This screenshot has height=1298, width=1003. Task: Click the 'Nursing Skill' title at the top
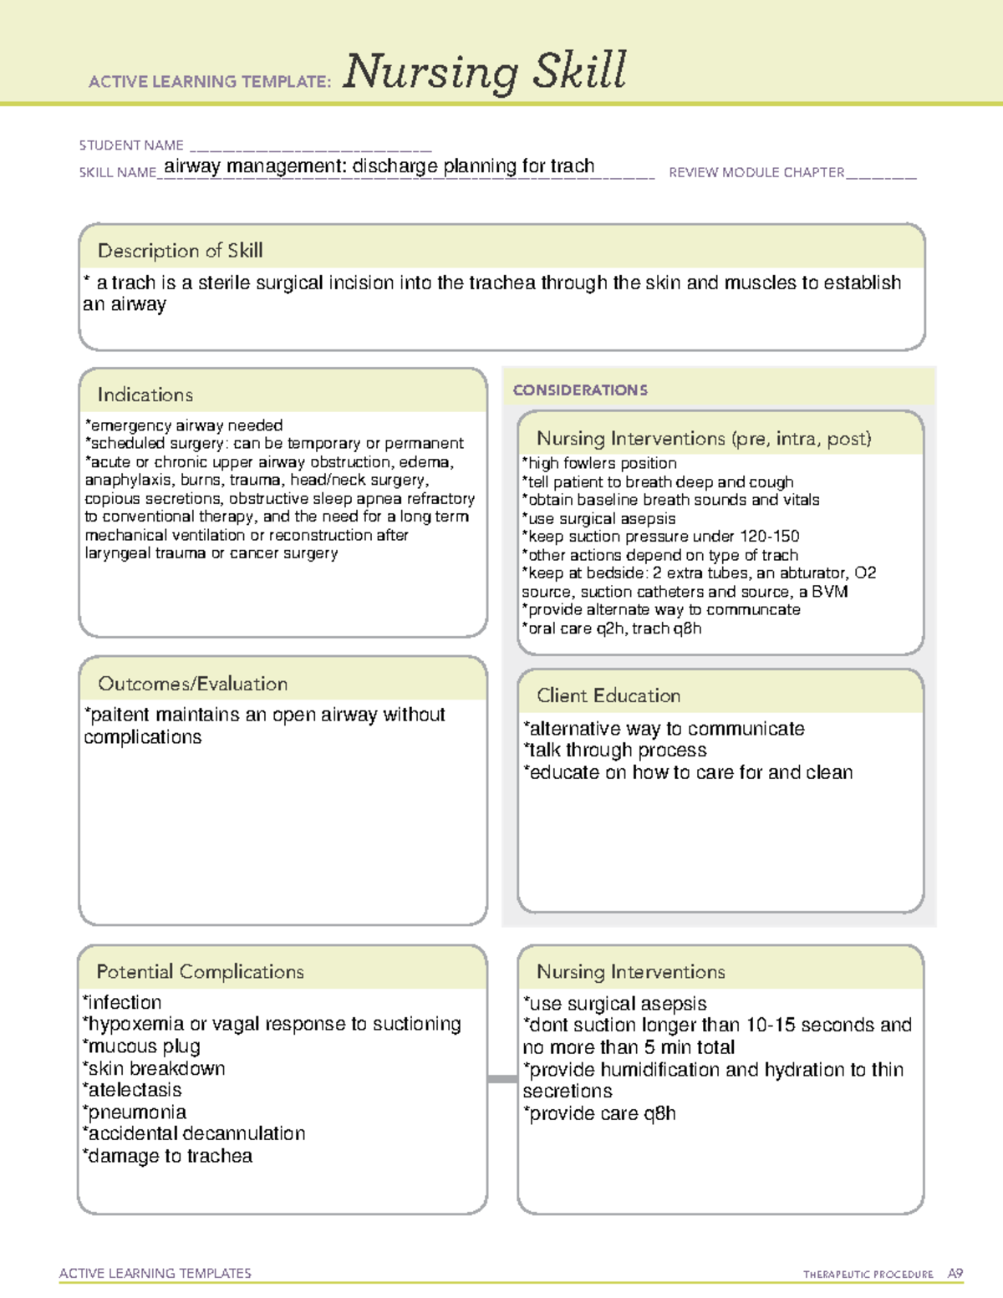pyautogui.click(x=484, y=72)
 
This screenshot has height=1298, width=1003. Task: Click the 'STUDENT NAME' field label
pyautogui.click(x=131, y=145)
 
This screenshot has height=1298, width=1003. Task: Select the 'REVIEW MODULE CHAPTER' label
pyautogui.click(x=756, y=173)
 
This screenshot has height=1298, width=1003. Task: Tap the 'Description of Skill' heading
pyautogui.click(x=180, y=251)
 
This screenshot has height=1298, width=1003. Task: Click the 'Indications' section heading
pyautogui.click(x=145, y=394)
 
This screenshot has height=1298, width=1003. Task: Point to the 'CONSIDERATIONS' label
pyautogui.click(x=580, y=390)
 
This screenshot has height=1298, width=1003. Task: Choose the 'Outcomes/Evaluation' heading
pyautogui.click(x=192, y=684)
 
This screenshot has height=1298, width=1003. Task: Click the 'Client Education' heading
pyautogui.click(x=608, y=695)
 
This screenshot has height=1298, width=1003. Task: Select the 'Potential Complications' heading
pyautogui.click(x=200, y=971)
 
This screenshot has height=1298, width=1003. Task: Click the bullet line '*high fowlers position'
pyautogui.click(x=599, y=463)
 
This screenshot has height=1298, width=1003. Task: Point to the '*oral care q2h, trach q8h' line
pyautogui.click(x=611, y=629)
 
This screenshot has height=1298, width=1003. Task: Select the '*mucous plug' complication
pyautogui.click(x=141, y=1046)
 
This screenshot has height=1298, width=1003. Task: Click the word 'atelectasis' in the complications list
pyautogui.click(x=135, y=1090)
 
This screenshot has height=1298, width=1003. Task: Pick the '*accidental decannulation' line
pyautogui.click(x=194, y=1133)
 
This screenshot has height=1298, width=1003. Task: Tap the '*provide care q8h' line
pyautogui.click(x=599, y=1113)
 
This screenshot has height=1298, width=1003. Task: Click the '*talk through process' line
pyautogui.click(x=615, y=751)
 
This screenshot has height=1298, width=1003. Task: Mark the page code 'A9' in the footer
pyautogui.click(x=955, y=1274)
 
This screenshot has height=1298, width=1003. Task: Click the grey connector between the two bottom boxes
pyautogui.click(x=502, y=1079)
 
